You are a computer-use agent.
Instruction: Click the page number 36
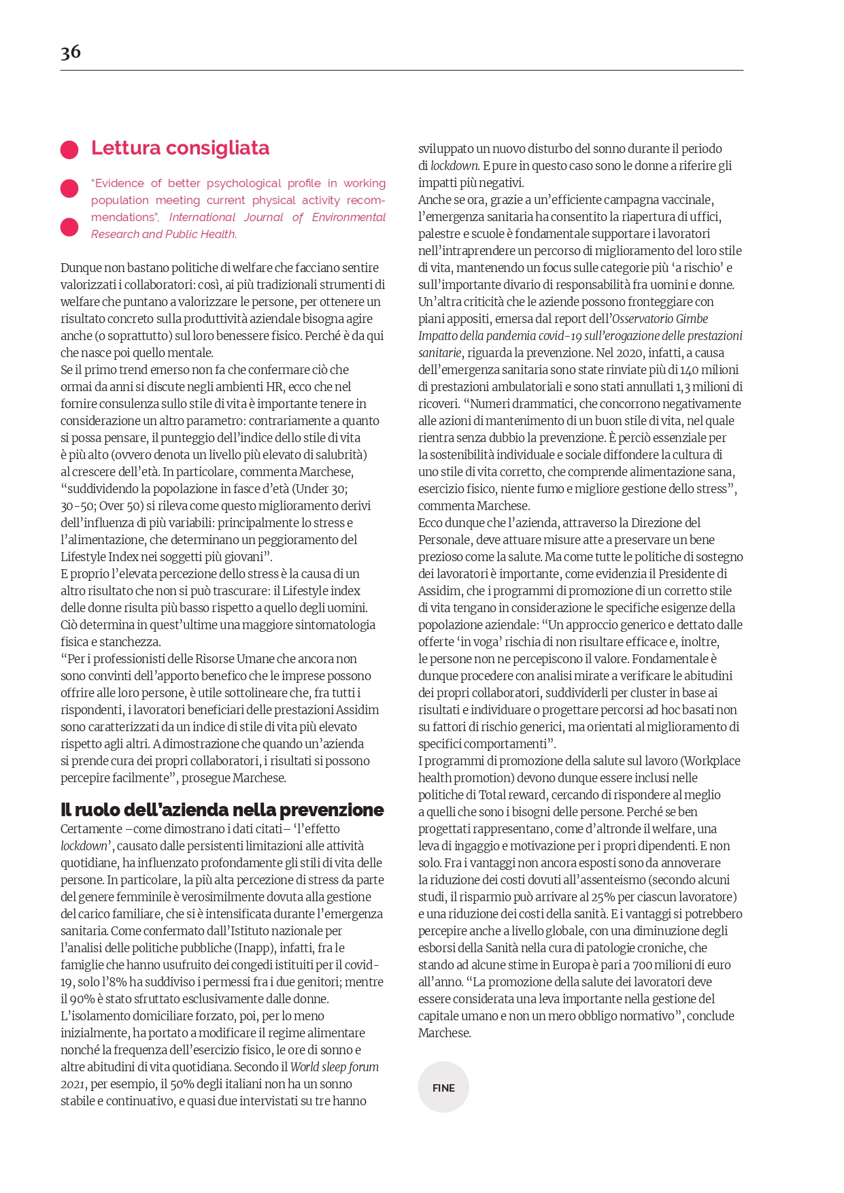71,52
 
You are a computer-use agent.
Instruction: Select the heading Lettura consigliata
180,148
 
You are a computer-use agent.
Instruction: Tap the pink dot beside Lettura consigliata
69,150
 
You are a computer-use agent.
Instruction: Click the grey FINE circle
443,1088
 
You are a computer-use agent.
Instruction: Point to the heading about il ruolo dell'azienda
222,810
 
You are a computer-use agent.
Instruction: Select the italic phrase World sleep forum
335,1067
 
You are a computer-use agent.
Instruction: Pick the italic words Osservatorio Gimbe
660,319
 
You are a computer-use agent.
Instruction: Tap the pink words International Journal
226,218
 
